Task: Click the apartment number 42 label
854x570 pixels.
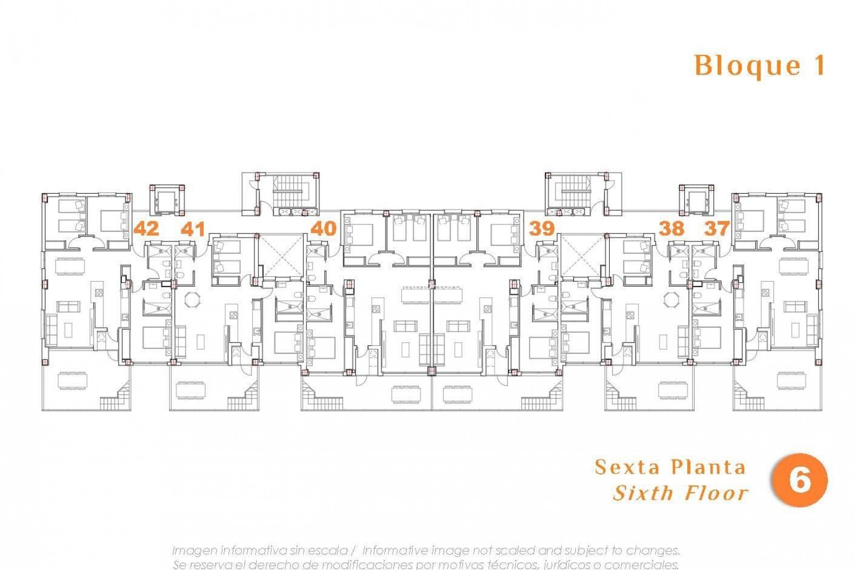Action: [146, 229]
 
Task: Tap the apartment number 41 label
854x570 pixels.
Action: [193, 229]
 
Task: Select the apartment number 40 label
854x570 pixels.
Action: [323, 229]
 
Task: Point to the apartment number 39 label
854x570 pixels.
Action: [541, 229]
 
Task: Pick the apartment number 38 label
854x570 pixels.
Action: [671, 229]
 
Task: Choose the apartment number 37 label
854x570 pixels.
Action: [717, 229]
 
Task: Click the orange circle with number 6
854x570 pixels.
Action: [800, 480]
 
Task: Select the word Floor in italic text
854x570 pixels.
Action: [717, 493]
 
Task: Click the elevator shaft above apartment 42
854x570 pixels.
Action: [167, 200]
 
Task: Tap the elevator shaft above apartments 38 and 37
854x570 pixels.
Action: [697, 200]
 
